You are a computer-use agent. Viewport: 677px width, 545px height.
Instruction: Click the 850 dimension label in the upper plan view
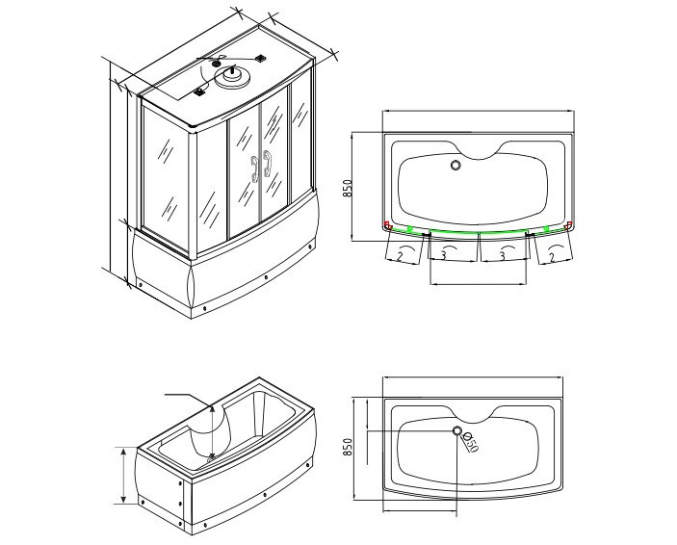pos(348,188)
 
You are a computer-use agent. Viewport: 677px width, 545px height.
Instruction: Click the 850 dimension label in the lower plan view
pos(348,447)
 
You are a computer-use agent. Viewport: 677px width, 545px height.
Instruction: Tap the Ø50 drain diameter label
pos(471,443)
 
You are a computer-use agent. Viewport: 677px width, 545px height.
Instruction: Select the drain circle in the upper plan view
pos(456,165)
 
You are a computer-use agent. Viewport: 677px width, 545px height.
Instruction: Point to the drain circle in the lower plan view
pos(457,430)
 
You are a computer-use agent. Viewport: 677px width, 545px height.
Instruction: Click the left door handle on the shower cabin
pos(255,169)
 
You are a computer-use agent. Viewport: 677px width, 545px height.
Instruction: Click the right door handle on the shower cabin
pos(268,164)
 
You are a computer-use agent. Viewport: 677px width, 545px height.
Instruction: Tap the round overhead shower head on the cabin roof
pos(233,77)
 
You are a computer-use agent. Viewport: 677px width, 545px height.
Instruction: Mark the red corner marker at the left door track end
pos(387,225)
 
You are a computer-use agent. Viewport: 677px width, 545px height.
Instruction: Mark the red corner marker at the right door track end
pos(569,224)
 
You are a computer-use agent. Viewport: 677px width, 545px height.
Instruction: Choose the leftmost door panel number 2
pos(400,256)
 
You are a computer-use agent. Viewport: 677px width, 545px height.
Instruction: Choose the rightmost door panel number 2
pos(552,258)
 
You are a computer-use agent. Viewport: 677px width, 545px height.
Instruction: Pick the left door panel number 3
pos(443,255)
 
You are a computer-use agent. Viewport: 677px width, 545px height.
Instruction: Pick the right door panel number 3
pos(502,256)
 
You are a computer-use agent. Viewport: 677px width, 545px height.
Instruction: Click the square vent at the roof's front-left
pos(199,91)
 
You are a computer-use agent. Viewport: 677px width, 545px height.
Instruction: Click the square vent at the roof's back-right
pos(260,58)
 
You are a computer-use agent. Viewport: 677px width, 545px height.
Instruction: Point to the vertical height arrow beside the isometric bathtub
pos(123,476)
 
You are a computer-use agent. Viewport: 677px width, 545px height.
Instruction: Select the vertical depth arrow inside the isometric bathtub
pos(212,432)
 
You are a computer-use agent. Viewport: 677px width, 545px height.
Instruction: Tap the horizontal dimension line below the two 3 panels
pos(479,284)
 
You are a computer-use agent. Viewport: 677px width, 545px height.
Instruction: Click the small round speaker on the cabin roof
pos(217,64)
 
